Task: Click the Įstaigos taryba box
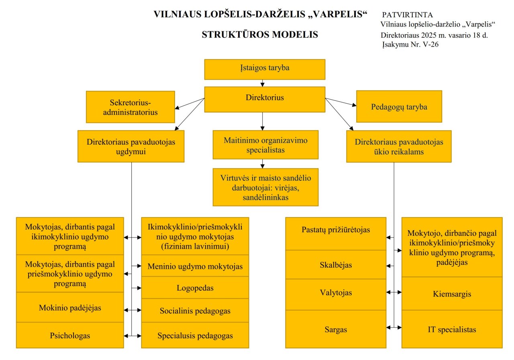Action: (265, 70)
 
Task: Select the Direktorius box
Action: (265, 99)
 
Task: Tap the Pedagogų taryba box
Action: (399, 106)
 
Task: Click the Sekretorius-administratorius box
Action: (131, 107)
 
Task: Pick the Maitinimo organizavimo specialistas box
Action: (265, 145)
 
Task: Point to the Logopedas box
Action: (195, 287)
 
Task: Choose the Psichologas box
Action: (70, 335)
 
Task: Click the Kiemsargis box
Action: (452, 293)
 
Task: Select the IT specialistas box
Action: (452, 329)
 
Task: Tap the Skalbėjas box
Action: (336, 264)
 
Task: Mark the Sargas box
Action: (336, 329)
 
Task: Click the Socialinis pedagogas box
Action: (195, 311)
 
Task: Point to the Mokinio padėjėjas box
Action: (70, 307)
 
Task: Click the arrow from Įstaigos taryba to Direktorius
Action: (263, 83)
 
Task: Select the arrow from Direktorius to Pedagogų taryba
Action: (341, 102)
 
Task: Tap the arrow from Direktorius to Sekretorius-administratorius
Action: (190, 104)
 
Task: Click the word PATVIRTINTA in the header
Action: (407, 15)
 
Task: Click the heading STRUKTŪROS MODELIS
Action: (260, 35)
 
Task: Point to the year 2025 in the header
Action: (428, 35)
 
